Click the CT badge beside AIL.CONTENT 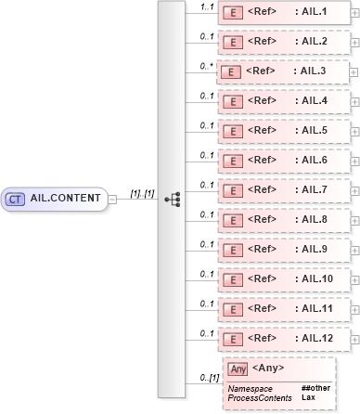coord(16,198)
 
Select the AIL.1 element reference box coord(284,13)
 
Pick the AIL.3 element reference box coord(282,71)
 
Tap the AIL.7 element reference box coord(284,189)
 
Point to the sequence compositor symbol coord(172,199)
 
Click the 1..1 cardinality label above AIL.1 coord(208,7)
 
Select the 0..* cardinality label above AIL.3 coord(207,66)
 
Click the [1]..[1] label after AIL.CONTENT coord(141,192)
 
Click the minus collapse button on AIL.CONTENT coord(112,198)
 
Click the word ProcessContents coord(260,397)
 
